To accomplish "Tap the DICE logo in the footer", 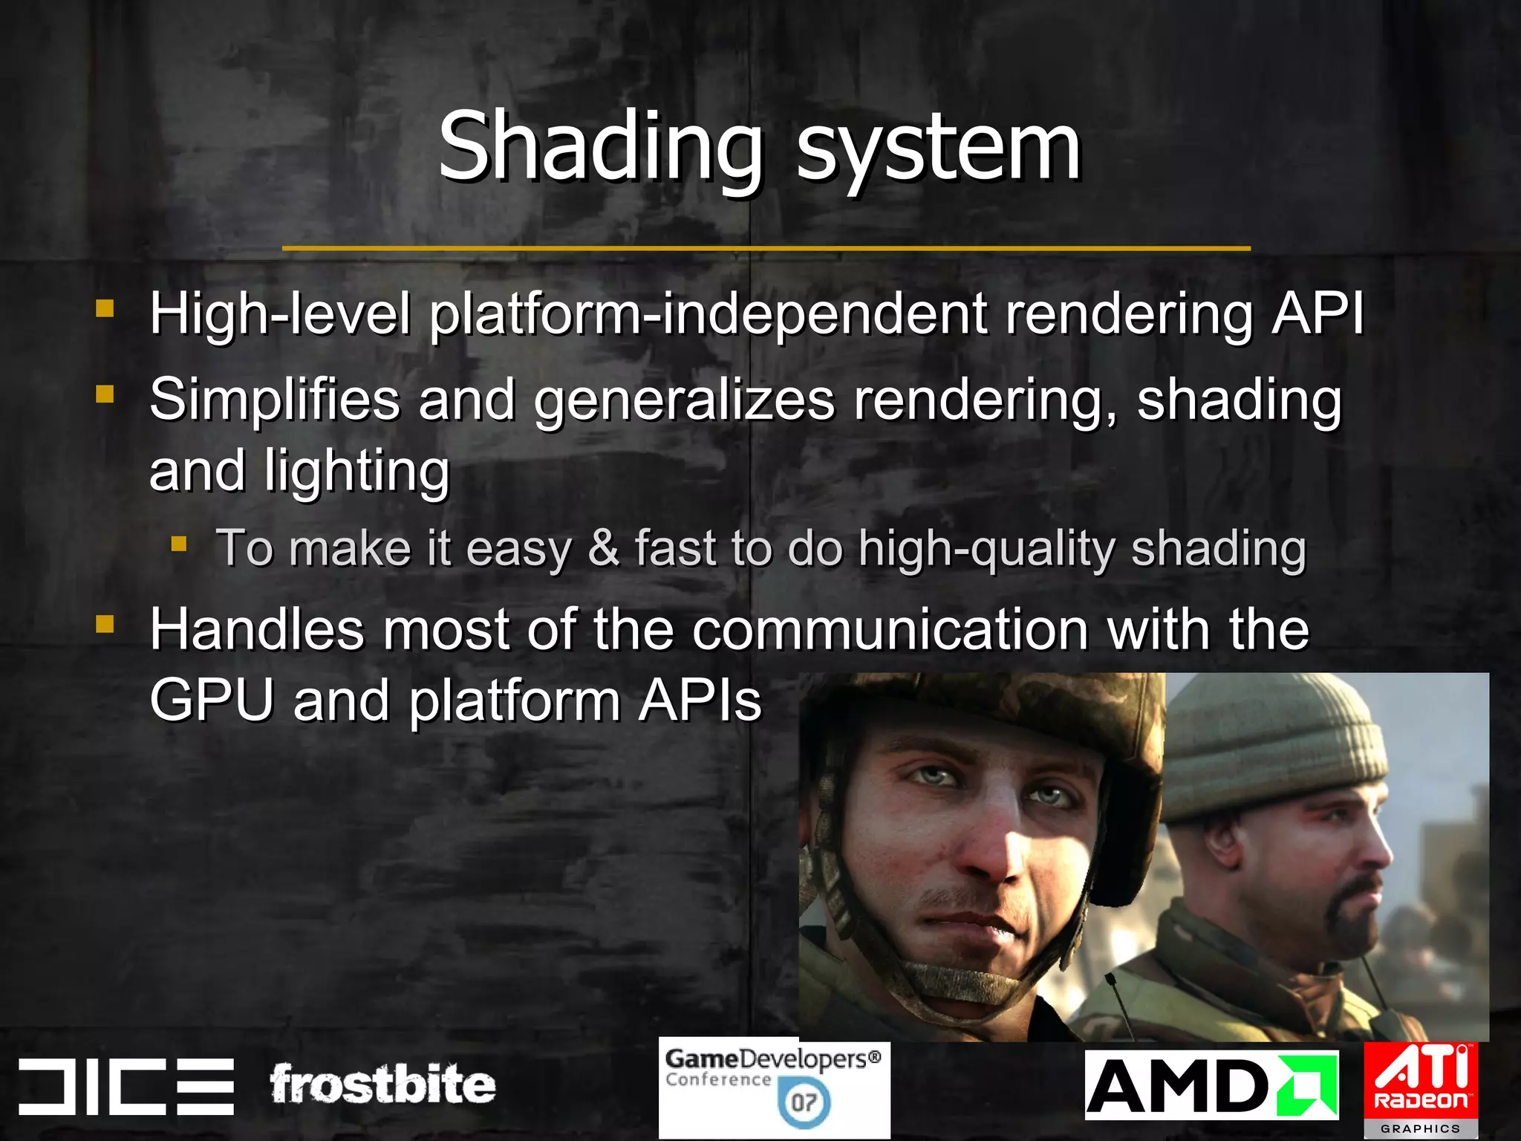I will [x=126, y=1086].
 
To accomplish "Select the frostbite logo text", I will [x=382, y=1085].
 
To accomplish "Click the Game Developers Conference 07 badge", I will [x=774, y=1089].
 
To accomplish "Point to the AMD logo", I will [x=1211, y=1085].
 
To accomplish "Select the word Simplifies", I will [x=275, y=400].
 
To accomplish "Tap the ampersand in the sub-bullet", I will [x=603, y=548].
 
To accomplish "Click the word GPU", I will [x=212, y=700].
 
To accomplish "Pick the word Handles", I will [x=256, y=630].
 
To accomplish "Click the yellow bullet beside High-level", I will [x=105, y=308].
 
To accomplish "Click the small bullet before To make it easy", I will [x=178, y=545].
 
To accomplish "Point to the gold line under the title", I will [x=765, y=248].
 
